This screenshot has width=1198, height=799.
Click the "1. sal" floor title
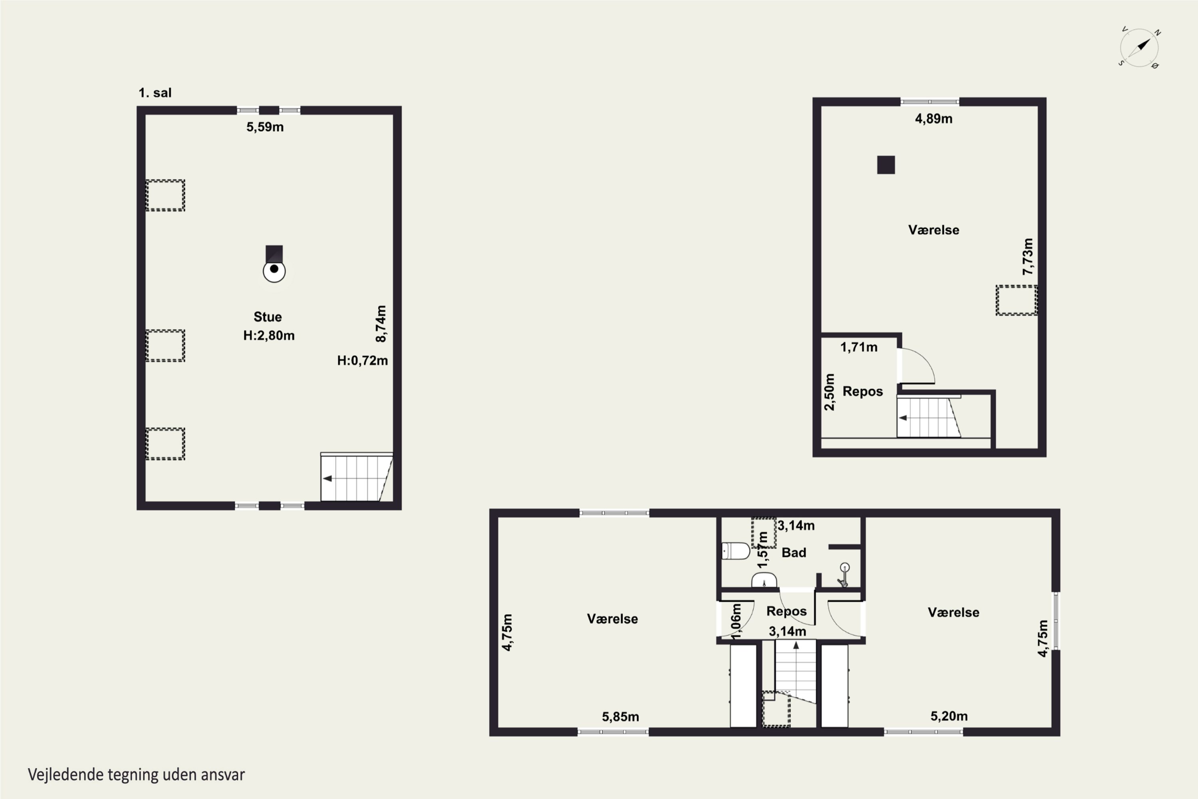point(155,93)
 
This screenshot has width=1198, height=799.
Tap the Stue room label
point(268,317)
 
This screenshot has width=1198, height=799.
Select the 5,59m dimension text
point(265,127)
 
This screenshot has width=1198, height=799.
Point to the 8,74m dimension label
point(381,324)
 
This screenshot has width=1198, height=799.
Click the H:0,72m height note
point(362,361)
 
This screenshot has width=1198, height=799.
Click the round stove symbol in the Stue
point(274,271)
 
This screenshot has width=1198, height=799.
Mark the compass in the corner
point(1139,48)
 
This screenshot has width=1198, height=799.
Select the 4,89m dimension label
point(934,119)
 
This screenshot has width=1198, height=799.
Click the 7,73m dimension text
point(1028,257)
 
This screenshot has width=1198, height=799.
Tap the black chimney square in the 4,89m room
point(886,165)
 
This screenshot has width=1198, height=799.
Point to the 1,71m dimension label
point(859,348)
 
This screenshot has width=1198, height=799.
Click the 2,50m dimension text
point(830,392)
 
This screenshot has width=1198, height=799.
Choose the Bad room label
point(793,553)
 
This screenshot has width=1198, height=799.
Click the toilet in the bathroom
point(736,551)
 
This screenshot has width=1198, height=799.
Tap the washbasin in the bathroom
point(764,580)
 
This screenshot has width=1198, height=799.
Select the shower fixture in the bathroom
point(843,575)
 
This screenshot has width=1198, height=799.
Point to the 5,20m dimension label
point(949,716)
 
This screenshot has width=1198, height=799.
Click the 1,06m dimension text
point(736,622)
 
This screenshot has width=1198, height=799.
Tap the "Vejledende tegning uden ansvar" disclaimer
point(136,775)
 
